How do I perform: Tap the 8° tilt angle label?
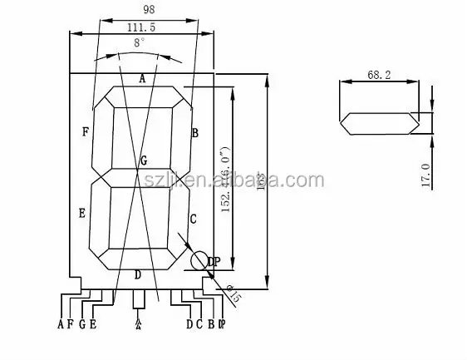[x=139, y=41]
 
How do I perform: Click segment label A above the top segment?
[x=142, y=78]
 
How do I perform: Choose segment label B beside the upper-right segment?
[x=195, y=132]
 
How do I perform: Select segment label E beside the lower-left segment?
[x=81, y=214]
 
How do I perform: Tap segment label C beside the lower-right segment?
[x=193, y=219]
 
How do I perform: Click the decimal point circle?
[x=199, y=261]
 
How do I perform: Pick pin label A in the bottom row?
[x=61, y=324]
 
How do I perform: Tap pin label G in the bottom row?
[x=81, y=324]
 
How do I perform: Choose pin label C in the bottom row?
[x=199, y=324]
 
